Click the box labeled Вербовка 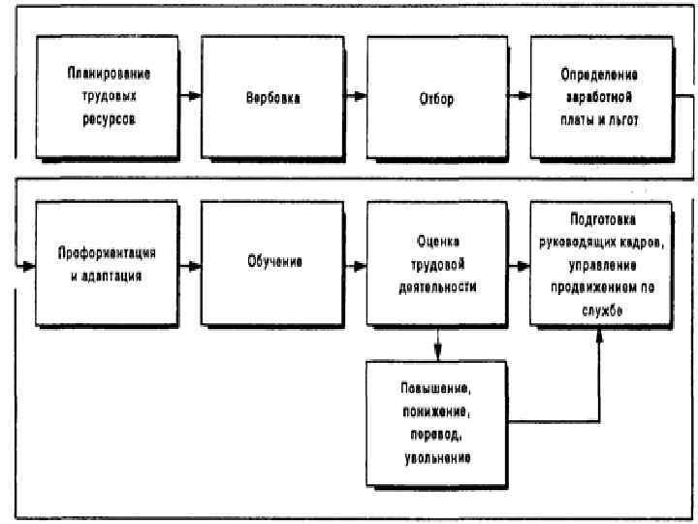[x=272, y=97]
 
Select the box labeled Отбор [x=437, y=97]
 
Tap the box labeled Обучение [x=272, y=263]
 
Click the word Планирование [x=108, y=73]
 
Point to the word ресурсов [x=108, y=121]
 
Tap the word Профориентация [x=108, y=252]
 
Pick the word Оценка [x=438, y=239]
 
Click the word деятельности [x=438, y=287]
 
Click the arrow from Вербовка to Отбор [x=355, y=97]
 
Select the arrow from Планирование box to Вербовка [x=190, y=97]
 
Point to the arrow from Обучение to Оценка [x=355, y=263]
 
